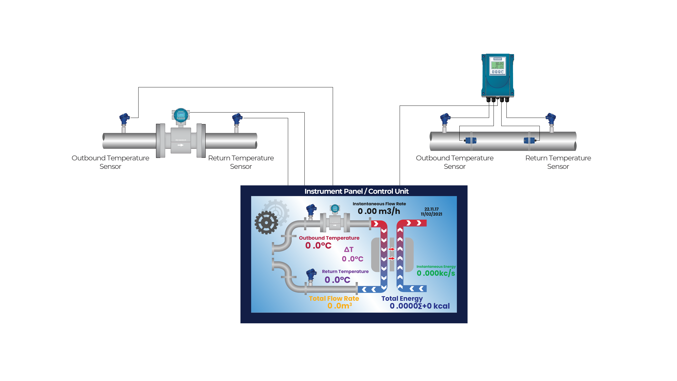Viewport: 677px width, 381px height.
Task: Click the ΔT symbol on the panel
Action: point(349,249)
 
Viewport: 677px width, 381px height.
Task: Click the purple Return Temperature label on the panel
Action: point(345,272)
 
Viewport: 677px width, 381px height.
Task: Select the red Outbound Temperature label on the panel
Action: point(329,238)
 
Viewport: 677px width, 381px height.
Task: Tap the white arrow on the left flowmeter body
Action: point(181,145)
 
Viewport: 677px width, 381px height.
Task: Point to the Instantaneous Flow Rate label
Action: point(379,204)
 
